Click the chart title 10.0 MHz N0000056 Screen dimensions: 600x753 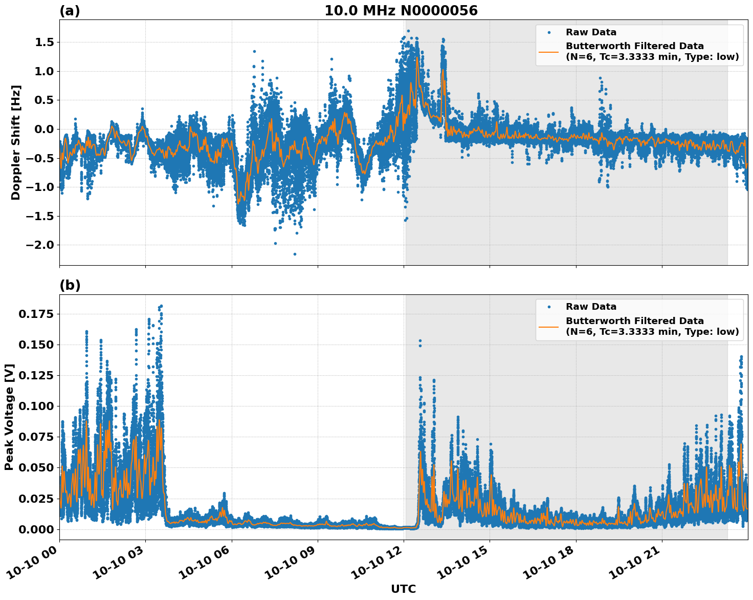[401, 11]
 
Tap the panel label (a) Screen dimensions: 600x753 [70, 11]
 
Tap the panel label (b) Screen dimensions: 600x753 [70, 285]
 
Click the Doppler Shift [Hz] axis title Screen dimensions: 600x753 [16, 142]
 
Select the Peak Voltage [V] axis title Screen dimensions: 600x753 [9, 417]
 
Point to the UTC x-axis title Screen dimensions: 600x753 [403, 589]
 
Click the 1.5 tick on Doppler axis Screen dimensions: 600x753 [45, 42]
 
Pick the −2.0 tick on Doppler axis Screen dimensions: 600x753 [40, 245]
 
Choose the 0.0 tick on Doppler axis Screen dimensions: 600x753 [45, 129]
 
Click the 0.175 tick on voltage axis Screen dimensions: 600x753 [36, 314]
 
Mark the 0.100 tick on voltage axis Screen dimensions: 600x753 [36, 406]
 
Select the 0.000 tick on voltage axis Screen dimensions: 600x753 [36, 529]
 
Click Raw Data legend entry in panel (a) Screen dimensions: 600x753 [591, 32]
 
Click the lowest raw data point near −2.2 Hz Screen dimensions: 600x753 [295, 254]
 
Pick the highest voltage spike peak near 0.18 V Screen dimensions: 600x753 [161, 306]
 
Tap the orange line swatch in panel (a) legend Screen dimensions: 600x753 [549, 51]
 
